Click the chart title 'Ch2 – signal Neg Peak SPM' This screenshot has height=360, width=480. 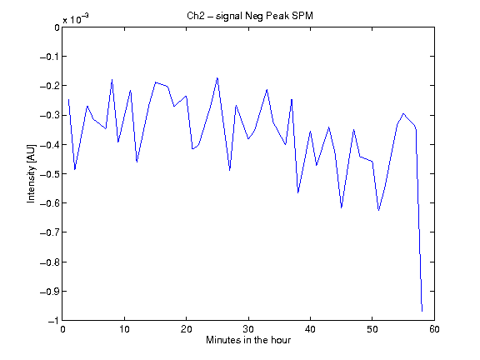250,16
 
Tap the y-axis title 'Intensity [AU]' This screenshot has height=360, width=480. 31,173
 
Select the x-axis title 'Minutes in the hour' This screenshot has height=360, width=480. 248,339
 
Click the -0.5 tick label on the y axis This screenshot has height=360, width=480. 50,174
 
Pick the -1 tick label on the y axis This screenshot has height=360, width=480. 53,321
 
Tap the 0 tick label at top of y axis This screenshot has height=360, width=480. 57,27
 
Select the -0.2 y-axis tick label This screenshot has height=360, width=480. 50,86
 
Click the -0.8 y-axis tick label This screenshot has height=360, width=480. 50,262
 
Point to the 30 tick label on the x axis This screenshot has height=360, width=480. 248,329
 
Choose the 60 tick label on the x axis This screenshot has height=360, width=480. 434,329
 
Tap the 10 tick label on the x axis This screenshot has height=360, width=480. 124,329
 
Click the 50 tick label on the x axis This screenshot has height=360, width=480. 372,329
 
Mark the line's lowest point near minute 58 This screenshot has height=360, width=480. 422,311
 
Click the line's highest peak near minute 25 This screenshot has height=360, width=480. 217,78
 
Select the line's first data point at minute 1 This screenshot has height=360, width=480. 68,99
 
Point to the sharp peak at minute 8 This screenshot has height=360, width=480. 112,80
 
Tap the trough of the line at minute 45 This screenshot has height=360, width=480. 342,207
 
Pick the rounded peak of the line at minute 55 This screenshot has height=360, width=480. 403,113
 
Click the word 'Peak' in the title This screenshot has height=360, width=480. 277,16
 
